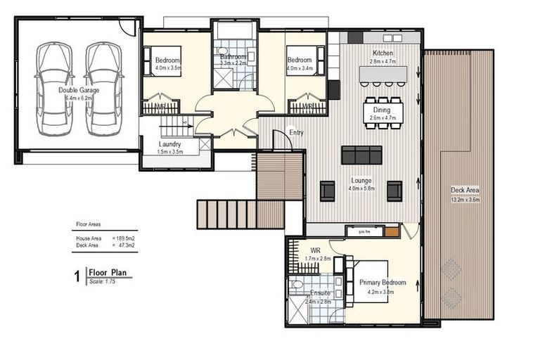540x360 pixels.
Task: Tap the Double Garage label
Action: point(79,90)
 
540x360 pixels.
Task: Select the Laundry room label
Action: point(171,145)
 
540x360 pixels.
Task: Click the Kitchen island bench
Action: point(383,74)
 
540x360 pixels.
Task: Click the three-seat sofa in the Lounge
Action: point(361,155)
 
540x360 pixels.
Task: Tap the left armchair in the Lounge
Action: point(328,191)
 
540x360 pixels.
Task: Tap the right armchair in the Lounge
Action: point(394,191)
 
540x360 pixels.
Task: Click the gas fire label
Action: point(364,231)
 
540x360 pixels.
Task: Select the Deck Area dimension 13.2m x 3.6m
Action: point(465,200)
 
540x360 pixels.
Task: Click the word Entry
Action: point(297,132)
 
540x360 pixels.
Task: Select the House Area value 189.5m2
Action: point(124,239)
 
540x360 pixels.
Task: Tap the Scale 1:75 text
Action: point(101,281)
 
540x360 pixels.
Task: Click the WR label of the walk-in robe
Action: point(314,250)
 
